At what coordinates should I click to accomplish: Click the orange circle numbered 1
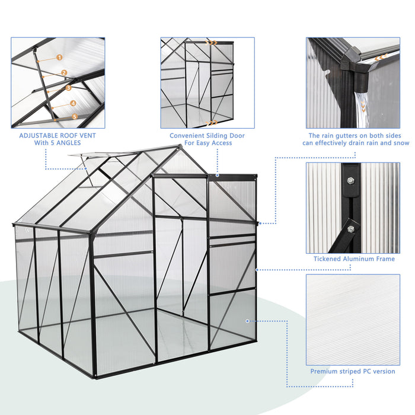(59, 58)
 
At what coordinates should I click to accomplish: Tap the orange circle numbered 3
(69, 88)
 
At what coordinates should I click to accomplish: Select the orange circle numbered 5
(75, 117)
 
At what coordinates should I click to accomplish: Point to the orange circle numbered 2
(64, 73)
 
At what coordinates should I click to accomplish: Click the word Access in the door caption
(221, 143)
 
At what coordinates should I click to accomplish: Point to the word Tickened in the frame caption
(330, 259)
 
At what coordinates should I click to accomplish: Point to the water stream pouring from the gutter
(360, 101)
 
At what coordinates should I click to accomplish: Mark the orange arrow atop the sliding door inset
(212, 43)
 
